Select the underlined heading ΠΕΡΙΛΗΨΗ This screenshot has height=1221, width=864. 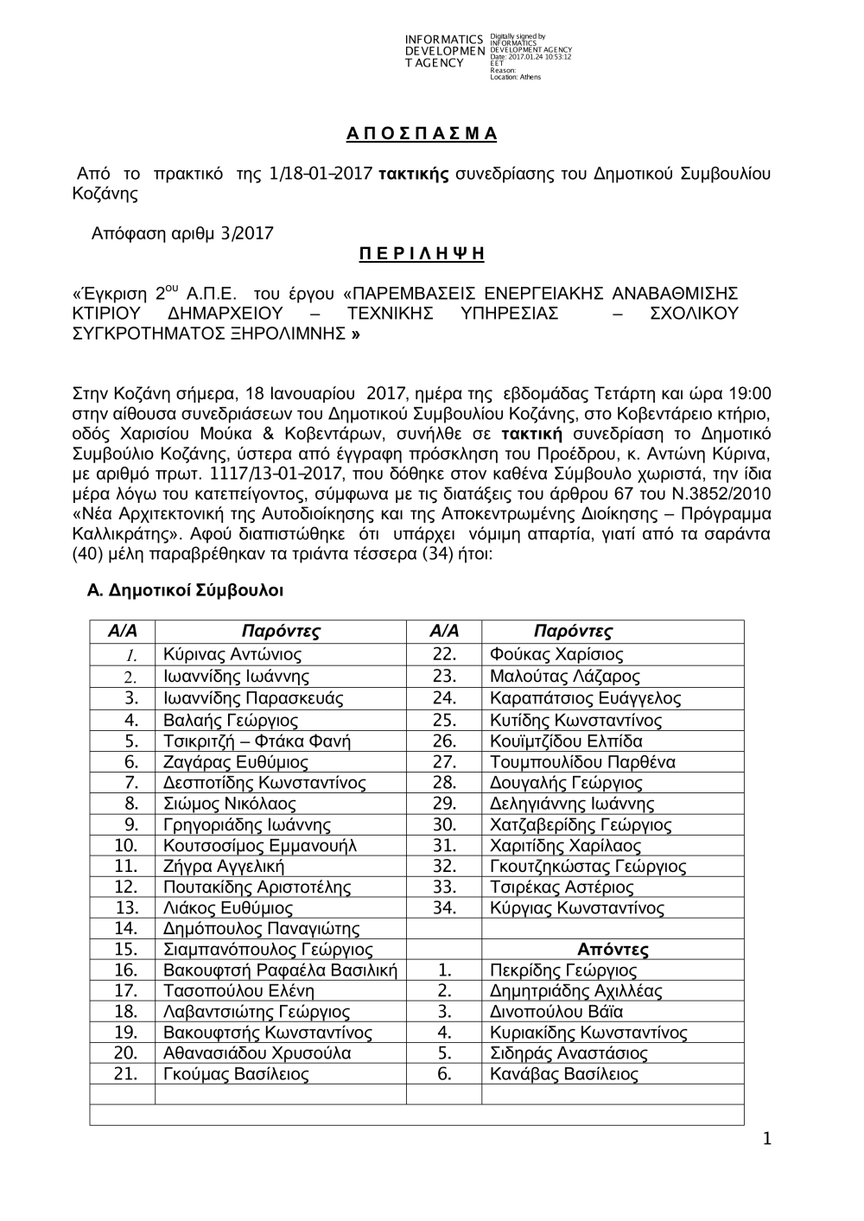[422, 254]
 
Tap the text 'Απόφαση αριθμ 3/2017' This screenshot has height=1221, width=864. [182, 233]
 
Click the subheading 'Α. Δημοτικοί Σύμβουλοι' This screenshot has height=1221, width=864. [186, 591]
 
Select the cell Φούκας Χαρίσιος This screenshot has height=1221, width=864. [556, 655]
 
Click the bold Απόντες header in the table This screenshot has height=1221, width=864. [613, 950]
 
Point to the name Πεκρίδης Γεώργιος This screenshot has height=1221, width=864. [562, 970]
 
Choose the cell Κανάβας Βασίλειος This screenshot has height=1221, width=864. [563, 1075]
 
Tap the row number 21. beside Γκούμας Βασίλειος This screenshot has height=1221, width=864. [126, 1075]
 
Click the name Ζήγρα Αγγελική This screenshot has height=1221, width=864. [224, 867]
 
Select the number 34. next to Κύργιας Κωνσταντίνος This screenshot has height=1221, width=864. [443, 908]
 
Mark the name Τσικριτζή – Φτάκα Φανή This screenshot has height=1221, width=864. [257, 741]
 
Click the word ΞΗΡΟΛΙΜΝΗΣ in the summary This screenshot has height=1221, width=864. [286, 334]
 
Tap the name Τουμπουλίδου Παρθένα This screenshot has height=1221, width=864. [582, 762]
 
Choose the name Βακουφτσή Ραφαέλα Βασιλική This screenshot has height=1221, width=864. [280, 970]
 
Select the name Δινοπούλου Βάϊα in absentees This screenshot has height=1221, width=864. [556, 1012]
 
